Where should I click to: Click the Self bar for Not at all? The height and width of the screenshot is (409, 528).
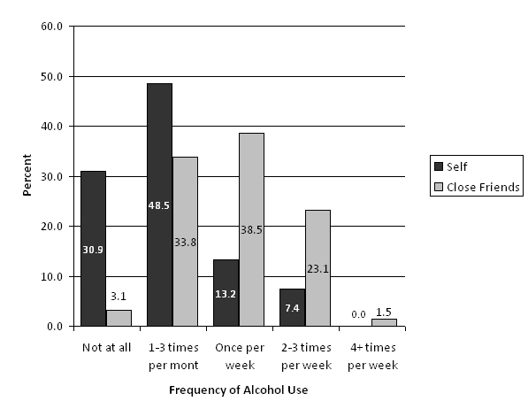pyautogui.click(x=93, y=249)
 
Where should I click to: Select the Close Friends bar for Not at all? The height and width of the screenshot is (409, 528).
pyautogui.click(x=119, y=319)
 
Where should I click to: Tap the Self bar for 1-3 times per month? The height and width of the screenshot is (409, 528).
pyautogui.click(x=159, y=205)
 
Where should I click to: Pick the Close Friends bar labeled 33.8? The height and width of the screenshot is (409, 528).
pyautogui.click(x=186, y=242)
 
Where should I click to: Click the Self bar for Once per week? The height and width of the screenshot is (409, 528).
pyautogui.click(x=226, y=293)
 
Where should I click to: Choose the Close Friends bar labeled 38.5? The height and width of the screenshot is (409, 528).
pyautogui.click(x=252, y=229)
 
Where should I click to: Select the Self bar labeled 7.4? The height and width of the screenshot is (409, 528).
pyautogui.click(x=292, y=307)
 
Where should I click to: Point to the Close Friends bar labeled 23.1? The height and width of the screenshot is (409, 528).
pyautogui.click(x=318, y=268)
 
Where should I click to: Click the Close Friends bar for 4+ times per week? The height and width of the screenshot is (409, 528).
pyautogui.click(x=384, y=322)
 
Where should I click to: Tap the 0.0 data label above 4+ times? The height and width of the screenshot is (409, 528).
pyautogui.click(x=358, y=314)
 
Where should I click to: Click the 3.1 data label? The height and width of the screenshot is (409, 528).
pyautogui.click(x=119, y=297)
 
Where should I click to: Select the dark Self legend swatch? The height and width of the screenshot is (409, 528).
pyautogui.click(x=439, y=166)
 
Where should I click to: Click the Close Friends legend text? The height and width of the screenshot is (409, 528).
pyautogui.click(x=483, y=187)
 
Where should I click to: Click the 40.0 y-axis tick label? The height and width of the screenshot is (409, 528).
pyautogui.click(x=52, y=127)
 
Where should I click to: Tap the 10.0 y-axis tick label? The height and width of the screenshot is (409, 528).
pyautogui.click(x=52, y=277)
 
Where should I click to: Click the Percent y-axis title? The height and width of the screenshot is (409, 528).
pyautogui.click(x=27, y=175)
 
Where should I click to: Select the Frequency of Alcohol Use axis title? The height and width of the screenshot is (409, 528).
pyautogui.click(x=239, y=390)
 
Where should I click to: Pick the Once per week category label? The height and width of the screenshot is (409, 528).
pyautogui.click(x=240, y=357)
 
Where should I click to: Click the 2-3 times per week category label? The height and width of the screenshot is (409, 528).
pyautogui.click(x=306, y=357)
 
